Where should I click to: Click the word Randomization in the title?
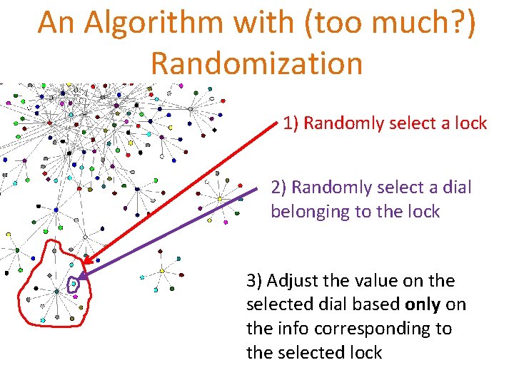coord(257,63)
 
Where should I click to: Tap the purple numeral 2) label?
coord(278,188)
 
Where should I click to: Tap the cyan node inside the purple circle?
coord(73,284)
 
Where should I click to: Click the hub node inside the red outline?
coord(56,291)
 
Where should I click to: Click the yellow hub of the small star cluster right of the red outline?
coord(162,270)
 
